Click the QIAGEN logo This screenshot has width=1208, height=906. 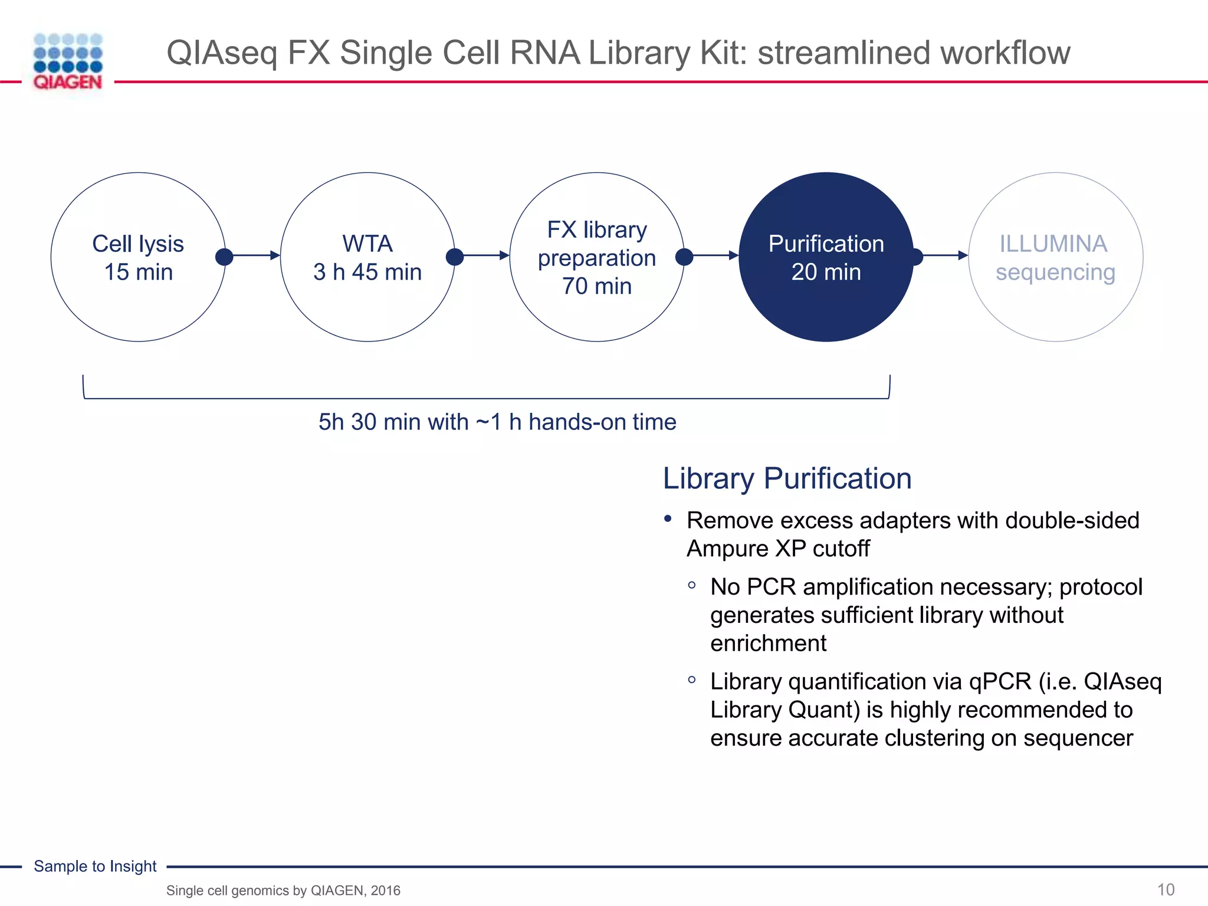pos(68,62)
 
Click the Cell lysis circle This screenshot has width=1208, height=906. pos(138,257)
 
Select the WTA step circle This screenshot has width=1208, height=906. pos(367,257)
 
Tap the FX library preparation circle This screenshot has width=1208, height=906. pos(596,257)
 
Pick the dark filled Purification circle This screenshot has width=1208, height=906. pos(826,257)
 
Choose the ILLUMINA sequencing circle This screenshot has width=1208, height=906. pos(1055,257)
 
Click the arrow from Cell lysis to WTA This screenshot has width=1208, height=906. pos(254,255)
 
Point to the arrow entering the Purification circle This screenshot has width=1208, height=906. pos(713,255)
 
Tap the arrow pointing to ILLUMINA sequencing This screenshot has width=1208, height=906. pos(943,255)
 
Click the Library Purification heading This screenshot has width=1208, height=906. pos(787,478)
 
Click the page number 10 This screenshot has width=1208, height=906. pos(1166,889)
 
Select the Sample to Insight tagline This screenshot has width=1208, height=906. pos(95,866)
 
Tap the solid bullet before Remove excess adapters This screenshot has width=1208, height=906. pos(668,519)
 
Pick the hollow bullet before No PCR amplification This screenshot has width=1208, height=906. pos(692,585)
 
